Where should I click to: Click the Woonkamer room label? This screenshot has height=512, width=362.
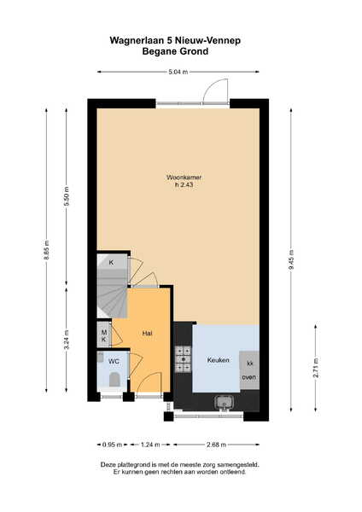tap(184, 177)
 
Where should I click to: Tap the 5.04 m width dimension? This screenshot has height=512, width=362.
tap(178, 72)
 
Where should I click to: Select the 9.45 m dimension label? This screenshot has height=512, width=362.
tap(291, 259)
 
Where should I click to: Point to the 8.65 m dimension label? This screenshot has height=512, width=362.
tap(47, 250)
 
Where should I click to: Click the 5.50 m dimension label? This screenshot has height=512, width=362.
tap(67, 196)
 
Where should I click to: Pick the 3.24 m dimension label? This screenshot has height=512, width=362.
tap(67, 340)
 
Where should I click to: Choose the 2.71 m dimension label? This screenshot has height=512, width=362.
tap(316, 368)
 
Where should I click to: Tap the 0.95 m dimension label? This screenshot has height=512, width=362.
tap(112, 445)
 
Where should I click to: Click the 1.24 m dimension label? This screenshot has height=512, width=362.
tap(150, 445)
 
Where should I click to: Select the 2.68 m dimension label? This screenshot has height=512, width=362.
tap(216, 445)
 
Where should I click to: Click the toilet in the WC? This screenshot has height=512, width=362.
tap(114, 380)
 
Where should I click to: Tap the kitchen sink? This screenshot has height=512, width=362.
tap(225, 402)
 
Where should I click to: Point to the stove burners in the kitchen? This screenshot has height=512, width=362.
tap(183, 359)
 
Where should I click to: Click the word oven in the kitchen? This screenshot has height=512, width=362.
tap(249, 377)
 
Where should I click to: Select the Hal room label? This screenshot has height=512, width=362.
tap(148, 334)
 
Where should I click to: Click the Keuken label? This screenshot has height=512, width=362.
tap(219, 360)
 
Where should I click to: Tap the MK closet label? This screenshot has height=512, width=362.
tap(104, 336)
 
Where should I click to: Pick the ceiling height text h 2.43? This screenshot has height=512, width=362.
tap(184, 185)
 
